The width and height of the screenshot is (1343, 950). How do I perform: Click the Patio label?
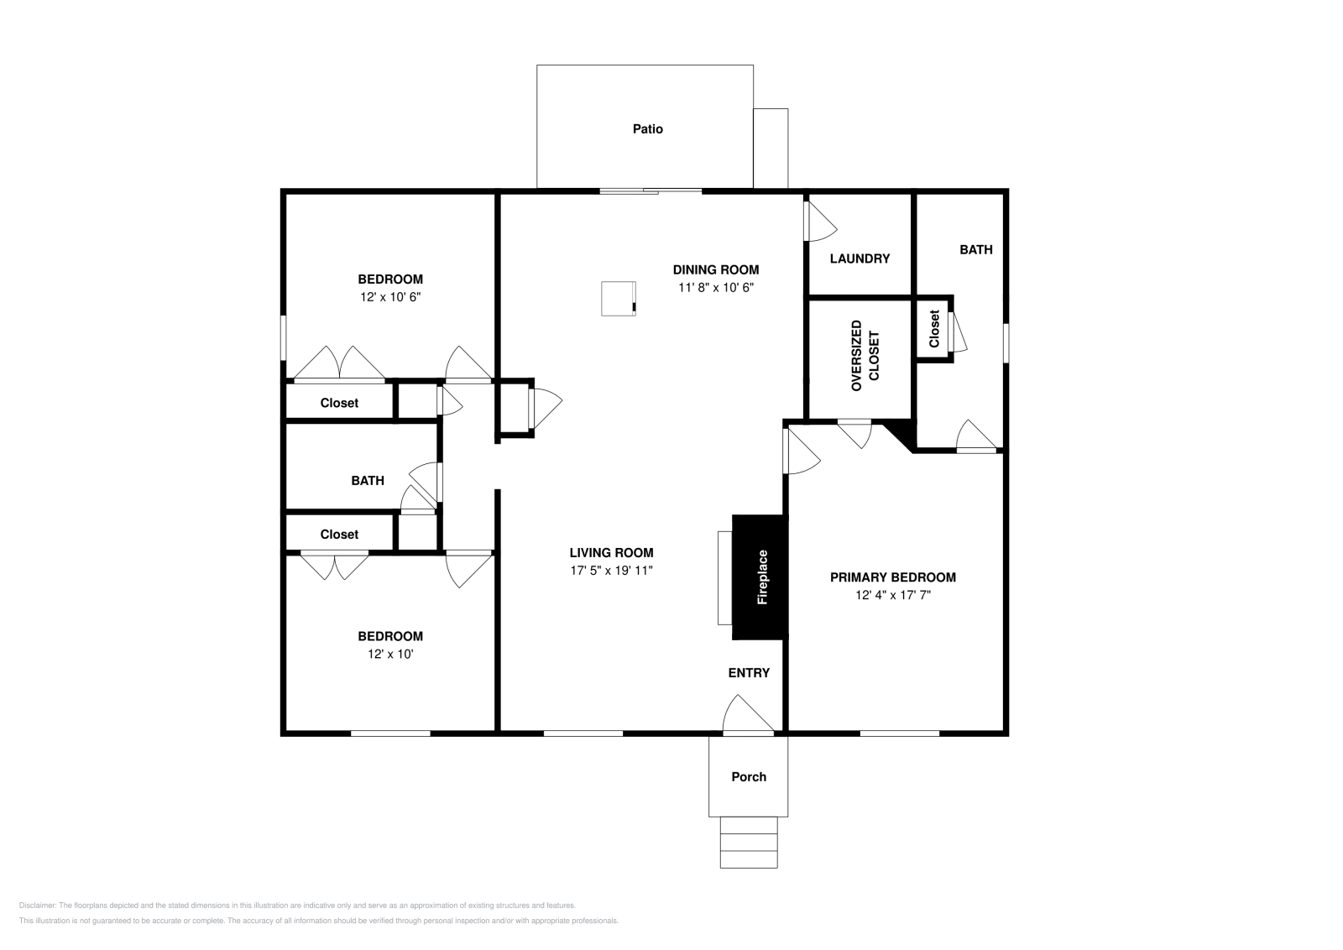click(x=647, y=129)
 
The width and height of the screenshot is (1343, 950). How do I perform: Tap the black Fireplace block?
click(x=758, y=577)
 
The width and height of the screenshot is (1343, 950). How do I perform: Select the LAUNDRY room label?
click(x=860, y=258)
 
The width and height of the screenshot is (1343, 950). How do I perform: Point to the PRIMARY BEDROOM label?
click(x=892, y=577)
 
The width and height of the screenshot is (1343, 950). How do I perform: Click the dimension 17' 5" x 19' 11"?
click(x=610, y=571)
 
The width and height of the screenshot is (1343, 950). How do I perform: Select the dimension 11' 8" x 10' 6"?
click(x=715, y=288)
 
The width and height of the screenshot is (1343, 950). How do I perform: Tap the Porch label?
click(x=748, y=777)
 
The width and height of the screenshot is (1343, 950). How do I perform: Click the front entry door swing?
click(x=745, y=716)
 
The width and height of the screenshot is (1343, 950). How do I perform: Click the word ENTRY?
click(x=748, y=673)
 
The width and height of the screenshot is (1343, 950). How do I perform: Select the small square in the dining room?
click(x=619, y=299)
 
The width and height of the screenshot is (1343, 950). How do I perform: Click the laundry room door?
click(x=818, y=223)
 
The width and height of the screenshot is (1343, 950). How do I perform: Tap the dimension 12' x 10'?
click(x=389, y=655)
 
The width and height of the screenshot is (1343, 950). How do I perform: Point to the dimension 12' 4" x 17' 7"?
click(x=892, y=596)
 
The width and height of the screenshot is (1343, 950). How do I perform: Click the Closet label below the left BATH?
click(x=339, y=535)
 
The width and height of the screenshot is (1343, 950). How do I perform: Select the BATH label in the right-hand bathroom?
click(x=975, y=250)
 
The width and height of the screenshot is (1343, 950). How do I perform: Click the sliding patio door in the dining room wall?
click(x=651, y=191)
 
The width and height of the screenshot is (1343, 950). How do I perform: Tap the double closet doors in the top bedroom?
click(x=339, y=364)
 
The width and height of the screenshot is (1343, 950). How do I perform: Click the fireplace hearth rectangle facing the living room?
click(x=724, y=577)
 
